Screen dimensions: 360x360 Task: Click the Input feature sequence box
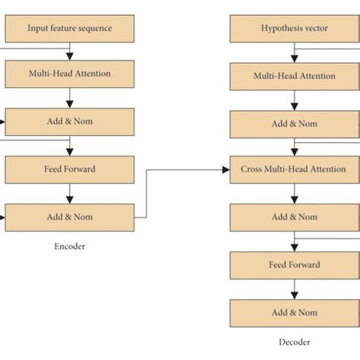70,28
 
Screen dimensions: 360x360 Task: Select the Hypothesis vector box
294,28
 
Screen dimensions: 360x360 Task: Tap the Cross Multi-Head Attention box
294,169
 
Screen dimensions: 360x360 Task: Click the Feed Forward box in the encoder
70,169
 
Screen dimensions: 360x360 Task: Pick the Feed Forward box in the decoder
294,265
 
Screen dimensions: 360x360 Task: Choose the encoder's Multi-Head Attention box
70,74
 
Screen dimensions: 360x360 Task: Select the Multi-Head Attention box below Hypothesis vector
294,76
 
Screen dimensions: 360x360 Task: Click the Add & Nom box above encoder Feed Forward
70,122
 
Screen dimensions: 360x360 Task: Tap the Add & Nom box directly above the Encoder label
70,217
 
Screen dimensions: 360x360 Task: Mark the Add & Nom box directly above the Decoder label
294,312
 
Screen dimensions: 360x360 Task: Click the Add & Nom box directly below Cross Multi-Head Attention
294,217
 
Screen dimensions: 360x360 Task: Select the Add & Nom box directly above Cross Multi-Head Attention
294,124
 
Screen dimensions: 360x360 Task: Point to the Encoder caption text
70,246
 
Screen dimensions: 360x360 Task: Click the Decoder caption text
294,343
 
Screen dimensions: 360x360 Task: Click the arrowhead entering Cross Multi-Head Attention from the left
226,169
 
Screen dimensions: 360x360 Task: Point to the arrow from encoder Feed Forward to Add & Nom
70,193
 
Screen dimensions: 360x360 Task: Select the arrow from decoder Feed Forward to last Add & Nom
294,289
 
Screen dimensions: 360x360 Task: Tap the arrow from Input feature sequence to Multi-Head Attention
70,51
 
